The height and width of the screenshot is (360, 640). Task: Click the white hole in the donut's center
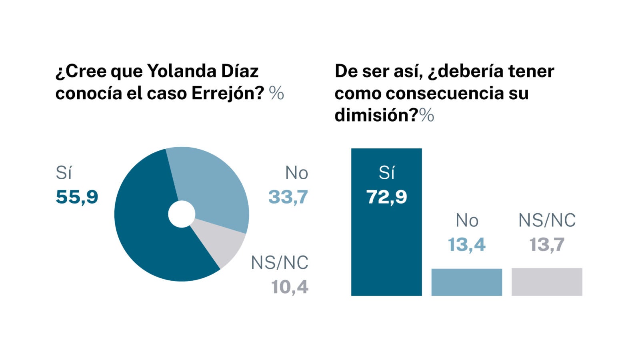click(x=182, y=214)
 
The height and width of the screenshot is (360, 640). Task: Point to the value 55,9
click(x=77, y=197)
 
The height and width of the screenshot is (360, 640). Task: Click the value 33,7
click(x=288, y=197)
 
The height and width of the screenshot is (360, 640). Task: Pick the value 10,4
click(x=290, y=287)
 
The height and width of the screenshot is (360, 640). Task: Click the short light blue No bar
click(x=466, y=282)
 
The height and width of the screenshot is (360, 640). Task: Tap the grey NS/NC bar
click(x=547, y=282)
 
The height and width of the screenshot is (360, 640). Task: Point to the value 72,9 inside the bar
click(x=386, y=197)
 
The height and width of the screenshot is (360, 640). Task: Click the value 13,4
click(x=466, y=244)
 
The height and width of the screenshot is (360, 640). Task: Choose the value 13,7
click(x=547, y=244)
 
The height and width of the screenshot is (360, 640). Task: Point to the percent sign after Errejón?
click(x=276, y=94)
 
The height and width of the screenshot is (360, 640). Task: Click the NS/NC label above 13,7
click(x=547, y=220)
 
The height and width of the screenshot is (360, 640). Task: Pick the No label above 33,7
click(x=296, y=173)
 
